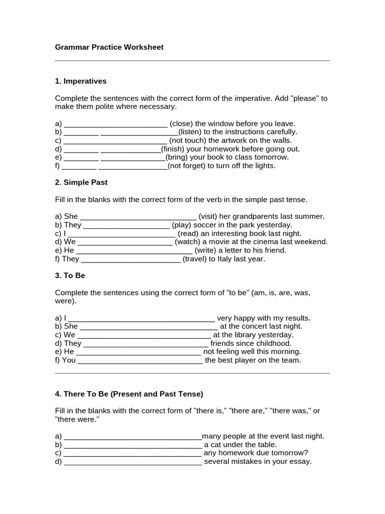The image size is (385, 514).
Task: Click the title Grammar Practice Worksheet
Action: click(x=109, y=47)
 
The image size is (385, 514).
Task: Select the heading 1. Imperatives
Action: click(x=81, y=81)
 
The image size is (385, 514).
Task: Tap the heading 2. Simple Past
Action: click(x=81, y=182)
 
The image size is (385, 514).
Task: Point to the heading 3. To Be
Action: click(x=70, y=276)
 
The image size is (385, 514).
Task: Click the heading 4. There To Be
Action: click(x=129, y=394)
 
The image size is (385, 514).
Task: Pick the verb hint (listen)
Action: click(x=189, y=132)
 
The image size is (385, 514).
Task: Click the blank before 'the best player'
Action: click(x=141, y=360)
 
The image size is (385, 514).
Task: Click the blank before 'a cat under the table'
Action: click(x=133, y=445)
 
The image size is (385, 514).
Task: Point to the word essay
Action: click(x=301, y=462)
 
